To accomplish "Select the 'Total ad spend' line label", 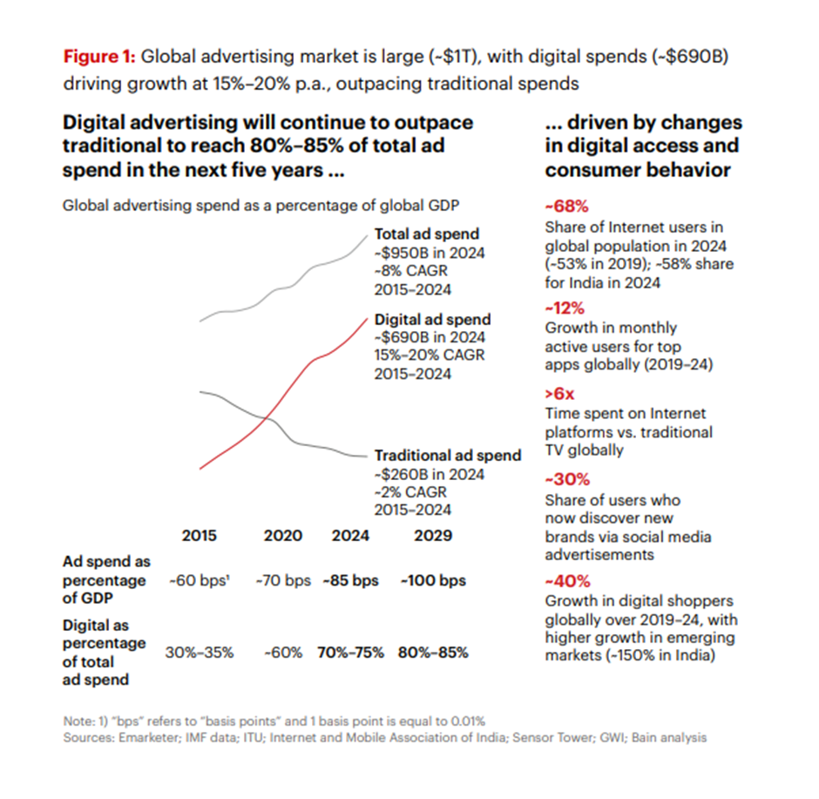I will pos(427,234).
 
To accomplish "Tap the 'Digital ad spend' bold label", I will pos(432,319).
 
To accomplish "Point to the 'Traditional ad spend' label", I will pos(448,456).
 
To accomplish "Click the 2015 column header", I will pos(200,535).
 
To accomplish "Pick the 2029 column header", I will pos(432,535).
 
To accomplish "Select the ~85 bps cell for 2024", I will pos(350,580).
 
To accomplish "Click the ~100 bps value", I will pos(433,580).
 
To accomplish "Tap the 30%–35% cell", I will pos(200,652).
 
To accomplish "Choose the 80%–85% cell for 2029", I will pos(433,652).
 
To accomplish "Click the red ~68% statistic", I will pos(562,207).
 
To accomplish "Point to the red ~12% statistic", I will pos(562,308).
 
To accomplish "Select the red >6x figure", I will pos(558,393).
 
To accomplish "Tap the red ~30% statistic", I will pos(563,478).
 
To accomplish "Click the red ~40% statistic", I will pos(563,580).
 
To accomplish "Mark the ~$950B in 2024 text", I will pos(430,253).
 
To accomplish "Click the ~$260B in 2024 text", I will pos(430,475).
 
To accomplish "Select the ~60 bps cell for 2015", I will pos(199,580).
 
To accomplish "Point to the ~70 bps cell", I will pos(282,580).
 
